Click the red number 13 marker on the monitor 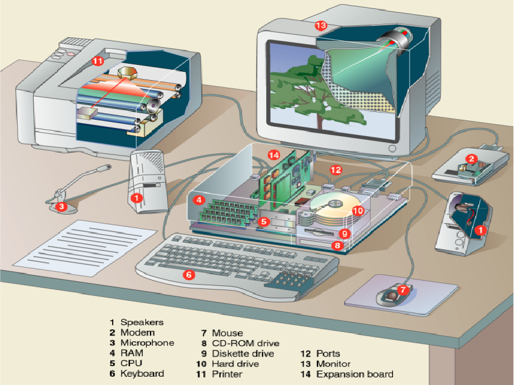(x=320, y=25)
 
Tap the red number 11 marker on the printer (x=97, y=60)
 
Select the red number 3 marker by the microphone (x=61, y=206)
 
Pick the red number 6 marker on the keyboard (x=188, y=274)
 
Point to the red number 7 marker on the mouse (x=402, y=290)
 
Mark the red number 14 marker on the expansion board (x=273, y=154)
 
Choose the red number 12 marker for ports (x=336, y=170)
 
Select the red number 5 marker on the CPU (x=264, y=222)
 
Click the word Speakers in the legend (x=142, y=323)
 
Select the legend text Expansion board (x=355, y=374)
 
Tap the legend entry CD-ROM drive (x=245, y=343)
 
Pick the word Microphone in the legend (x=147, y=343)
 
